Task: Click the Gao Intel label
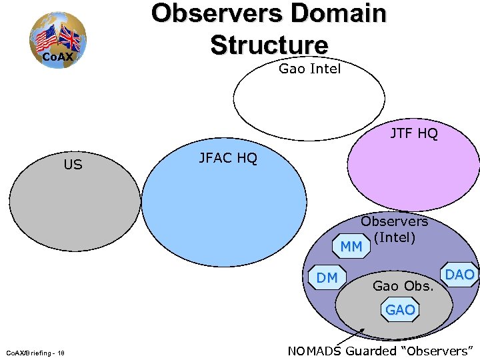point(309,68)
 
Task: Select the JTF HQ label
point(413,134)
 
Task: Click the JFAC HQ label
point(227,158)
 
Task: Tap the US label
point(73,164)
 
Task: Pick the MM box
point(351,247)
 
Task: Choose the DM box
point(327,277)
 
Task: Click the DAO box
point(459,275)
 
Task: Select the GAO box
point(399,309)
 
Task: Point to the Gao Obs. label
point(403,286)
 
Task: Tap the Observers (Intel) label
point(395,229)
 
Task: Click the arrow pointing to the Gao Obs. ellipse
point(353,337)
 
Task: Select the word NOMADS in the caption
point(316,351)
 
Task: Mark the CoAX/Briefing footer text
point(39,353)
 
